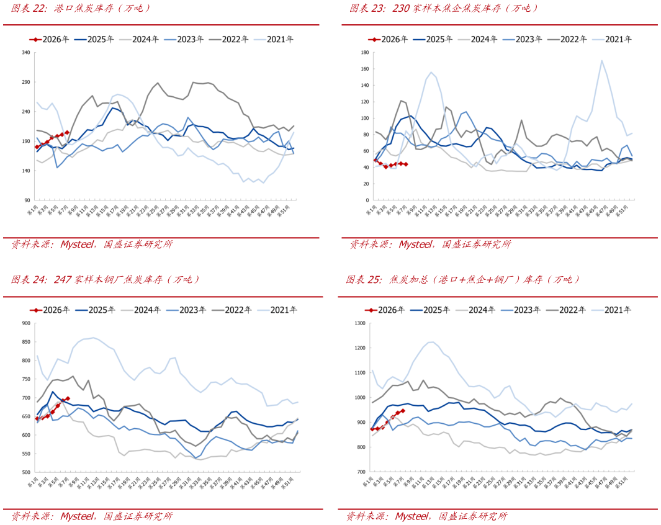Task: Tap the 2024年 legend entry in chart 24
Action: [x=139, y=310]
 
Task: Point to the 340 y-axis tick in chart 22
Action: [x=27, y=53]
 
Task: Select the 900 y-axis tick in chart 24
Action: [x=26, y=323]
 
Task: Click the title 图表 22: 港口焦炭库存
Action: [x=81, y=9]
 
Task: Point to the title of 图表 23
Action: [x=443, y=8]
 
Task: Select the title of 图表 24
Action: [x=106, y=280]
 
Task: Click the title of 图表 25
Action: [x=462, y=279]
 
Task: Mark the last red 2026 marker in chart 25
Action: [x=403, y=411]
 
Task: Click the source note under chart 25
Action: [x=427, y=516]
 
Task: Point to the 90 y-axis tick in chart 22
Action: [x=28, y=200]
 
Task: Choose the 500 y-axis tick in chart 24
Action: [x=26, y=472]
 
